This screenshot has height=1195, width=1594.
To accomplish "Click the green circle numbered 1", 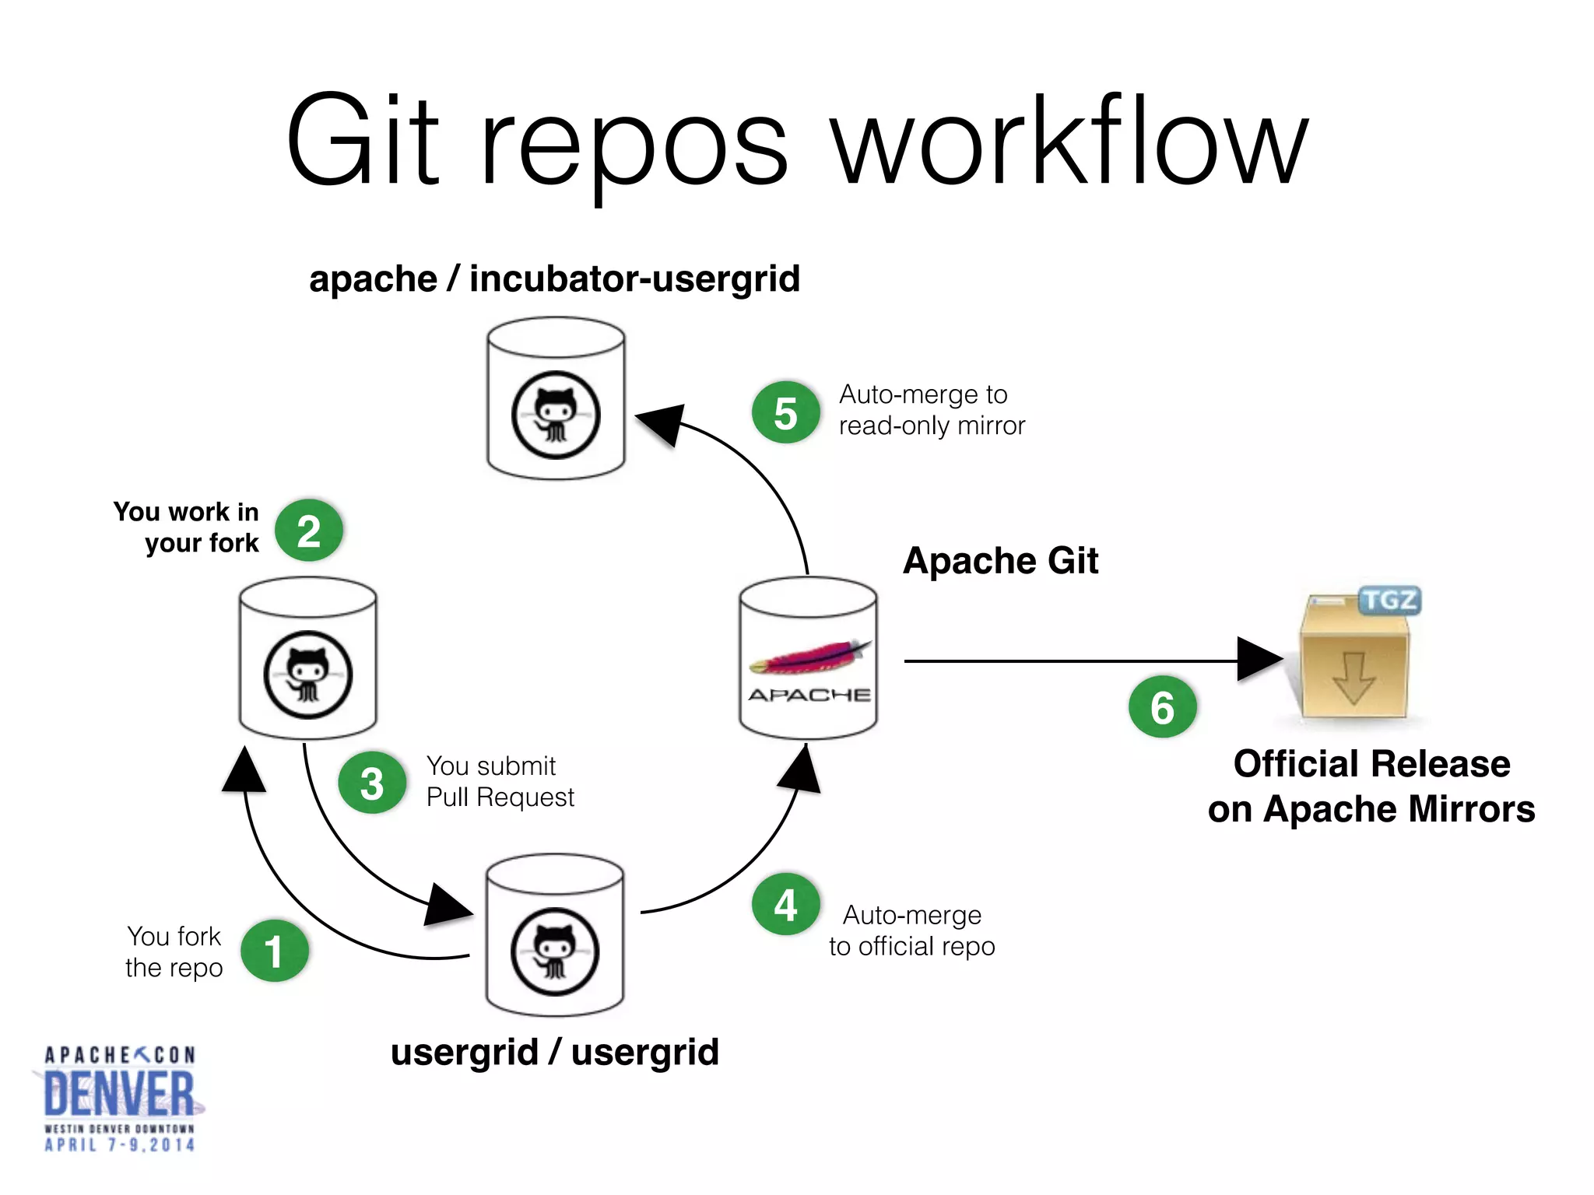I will coord(274,951).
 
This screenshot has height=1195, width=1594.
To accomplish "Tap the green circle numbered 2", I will coord(309,531).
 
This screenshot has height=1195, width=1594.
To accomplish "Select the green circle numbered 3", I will coord(372,783).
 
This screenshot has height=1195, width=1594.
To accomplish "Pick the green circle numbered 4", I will coord(785,905).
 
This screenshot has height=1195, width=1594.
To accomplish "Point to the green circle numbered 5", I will coord(785,412).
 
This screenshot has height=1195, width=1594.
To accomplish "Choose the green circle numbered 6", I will coord(1162,707).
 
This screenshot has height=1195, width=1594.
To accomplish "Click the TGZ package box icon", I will coord(1356,657).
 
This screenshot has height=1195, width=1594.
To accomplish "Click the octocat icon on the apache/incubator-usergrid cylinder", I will coord(556,415).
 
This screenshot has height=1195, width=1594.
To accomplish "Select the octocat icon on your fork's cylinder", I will coord(308,675).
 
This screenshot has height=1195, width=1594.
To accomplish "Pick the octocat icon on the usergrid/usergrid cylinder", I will coord(555,951).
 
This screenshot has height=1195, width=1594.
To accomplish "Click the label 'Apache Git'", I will coord(1000,561).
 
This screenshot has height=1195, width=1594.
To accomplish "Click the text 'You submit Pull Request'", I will coord(500,782).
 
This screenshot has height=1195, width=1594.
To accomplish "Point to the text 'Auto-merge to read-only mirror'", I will coord(931,410).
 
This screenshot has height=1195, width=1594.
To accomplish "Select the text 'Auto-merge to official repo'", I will coord(911,930).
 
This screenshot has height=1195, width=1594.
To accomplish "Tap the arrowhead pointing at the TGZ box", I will coord(1258,660).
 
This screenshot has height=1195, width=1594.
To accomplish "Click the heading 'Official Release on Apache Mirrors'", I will coord(1371,786).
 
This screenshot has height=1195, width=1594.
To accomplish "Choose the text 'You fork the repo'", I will coord(174,951).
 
